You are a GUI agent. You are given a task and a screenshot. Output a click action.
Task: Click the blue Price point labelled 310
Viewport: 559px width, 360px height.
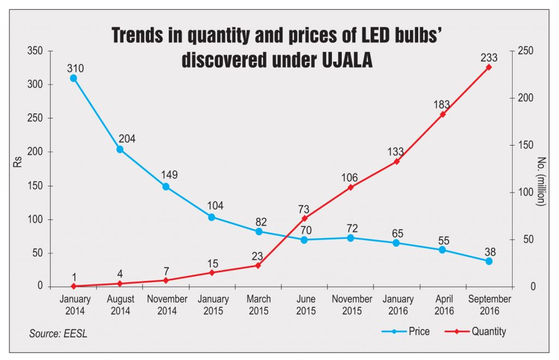[74, 78]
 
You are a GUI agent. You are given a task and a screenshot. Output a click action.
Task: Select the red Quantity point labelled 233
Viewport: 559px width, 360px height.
[489, 67]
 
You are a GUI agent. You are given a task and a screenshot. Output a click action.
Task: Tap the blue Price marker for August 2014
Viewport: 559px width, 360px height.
[120, 149]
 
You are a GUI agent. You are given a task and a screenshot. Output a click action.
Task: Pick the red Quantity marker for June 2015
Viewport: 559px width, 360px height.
[304, 218]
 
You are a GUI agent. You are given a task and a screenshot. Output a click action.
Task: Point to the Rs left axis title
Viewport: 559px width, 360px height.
[17, 169]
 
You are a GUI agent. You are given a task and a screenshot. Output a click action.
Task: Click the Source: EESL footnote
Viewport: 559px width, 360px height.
[58, 333]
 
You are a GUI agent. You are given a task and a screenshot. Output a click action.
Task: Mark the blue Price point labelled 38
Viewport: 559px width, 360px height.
[489, 261]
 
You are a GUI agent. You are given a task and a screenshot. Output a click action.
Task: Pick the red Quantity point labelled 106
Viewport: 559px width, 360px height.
[350, 188]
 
